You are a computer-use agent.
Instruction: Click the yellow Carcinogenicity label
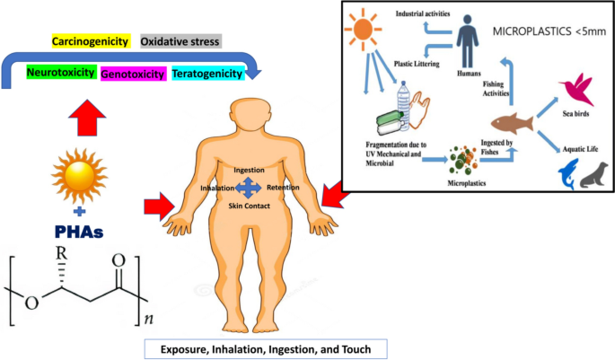coord(91,42)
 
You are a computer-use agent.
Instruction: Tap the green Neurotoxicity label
coord(61,72)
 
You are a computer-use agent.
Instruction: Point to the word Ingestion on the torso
coord(248,170)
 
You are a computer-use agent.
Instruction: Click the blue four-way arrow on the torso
coord(248,188)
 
